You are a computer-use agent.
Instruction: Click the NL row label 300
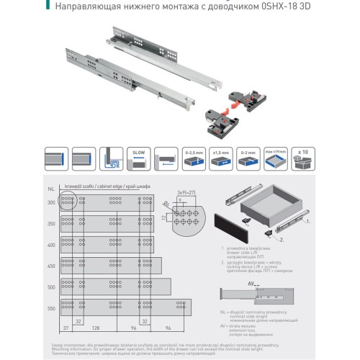pyautogui.click(x=50, y=203)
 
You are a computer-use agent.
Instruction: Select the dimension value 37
pyautogui.click(x=66, y=328)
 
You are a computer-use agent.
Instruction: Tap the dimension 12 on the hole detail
pyautogui.click(x=165, y=217)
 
